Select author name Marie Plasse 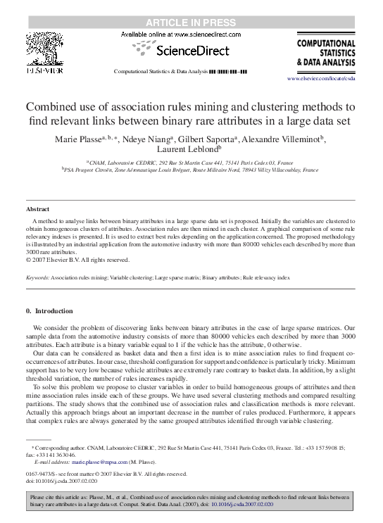point(78,139)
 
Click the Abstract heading point(38,210)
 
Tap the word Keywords point(37,278)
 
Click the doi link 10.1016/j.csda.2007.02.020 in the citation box point(239,505)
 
